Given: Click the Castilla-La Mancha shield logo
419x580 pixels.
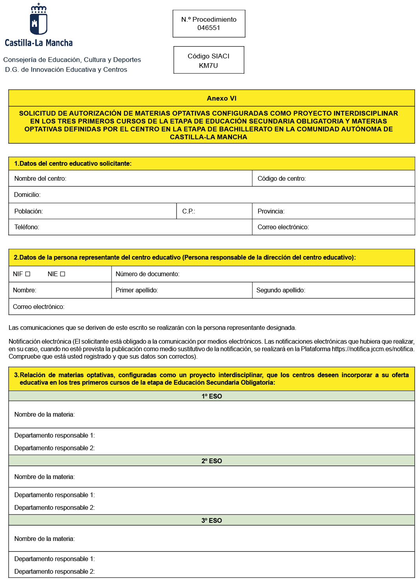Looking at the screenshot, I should [39, 19].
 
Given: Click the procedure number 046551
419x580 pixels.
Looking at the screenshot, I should [209, 28].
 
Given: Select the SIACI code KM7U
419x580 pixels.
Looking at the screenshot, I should [209, 65].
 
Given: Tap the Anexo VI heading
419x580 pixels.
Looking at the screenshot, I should [222, 98].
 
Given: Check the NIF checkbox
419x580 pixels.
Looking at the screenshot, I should [28, 274].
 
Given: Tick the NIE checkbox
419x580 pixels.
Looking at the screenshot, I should [62, 274].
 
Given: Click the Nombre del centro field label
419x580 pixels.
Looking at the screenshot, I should [40, 179].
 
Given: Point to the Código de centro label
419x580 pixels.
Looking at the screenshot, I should [281, 179].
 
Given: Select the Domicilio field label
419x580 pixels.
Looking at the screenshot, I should [27, 195].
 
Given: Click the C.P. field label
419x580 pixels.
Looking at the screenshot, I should [188, 211].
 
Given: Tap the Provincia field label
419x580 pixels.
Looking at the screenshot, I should [271, 211].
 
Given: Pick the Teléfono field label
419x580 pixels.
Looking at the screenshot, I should [27, 227].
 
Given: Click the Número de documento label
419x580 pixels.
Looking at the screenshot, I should [147, 274].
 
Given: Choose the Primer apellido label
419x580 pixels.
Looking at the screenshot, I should [137, 290].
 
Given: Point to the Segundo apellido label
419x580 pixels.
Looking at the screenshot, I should [281, 290].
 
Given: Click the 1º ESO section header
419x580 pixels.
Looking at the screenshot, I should [212, 396].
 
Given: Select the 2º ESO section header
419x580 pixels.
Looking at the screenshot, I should [212, 461].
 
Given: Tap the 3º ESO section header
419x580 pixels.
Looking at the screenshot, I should [212, 520].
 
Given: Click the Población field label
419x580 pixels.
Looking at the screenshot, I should [28, 211].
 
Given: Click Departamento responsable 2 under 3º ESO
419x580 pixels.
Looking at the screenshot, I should [54, 571].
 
